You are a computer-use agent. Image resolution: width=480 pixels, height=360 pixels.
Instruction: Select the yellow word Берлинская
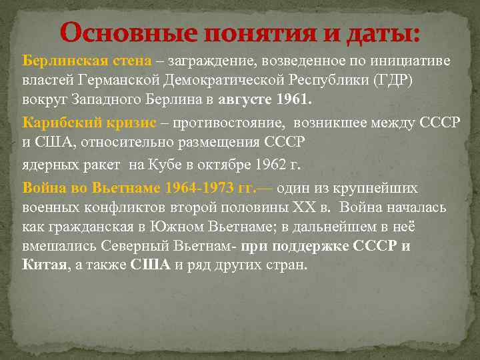[61, 61]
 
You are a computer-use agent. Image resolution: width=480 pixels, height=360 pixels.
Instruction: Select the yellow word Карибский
[53, 123]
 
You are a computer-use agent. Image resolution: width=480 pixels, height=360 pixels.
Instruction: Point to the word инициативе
[414, 61]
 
